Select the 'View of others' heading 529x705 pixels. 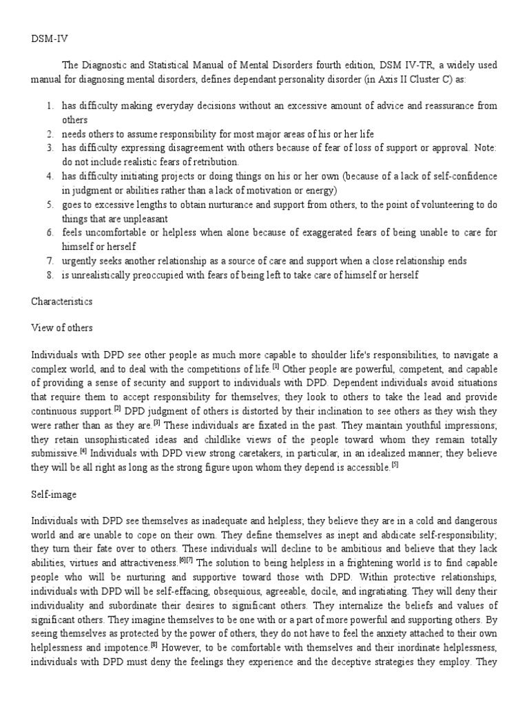[x=62, y=328]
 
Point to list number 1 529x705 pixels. [x=50, y=105]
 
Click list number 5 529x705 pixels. [x=50, y=205]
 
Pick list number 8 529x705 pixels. [x=50, y=275]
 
